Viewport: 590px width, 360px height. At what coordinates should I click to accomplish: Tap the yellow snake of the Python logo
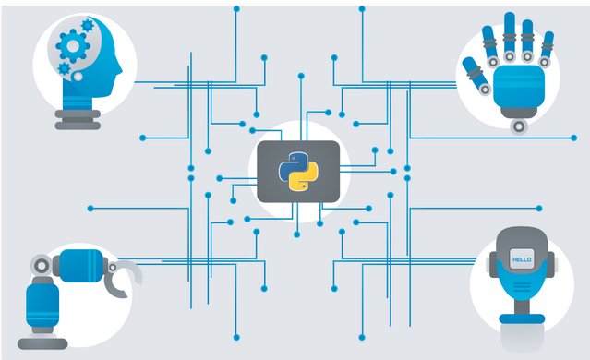[304, 180]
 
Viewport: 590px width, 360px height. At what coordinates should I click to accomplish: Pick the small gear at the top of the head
[87, 25]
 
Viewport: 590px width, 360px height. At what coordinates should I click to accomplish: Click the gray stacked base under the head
[78, 117]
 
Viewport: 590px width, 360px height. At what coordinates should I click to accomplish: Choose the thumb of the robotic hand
[471, 66]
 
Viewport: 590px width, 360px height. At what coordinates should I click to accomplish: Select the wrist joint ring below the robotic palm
[522, 124]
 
